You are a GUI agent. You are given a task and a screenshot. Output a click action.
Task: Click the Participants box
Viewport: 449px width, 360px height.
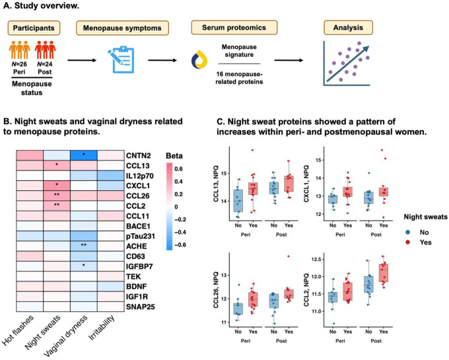click(34, 28)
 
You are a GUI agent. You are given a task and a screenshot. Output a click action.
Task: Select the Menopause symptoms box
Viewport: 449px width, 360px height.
click(122, 28)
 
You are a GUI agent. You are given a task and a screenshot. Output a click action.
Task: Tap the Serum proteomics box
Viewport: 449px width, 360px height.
click(234, 28)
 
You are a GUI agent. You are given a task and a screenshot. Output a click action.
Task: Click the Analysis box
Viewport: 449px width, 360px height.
click(348, 28)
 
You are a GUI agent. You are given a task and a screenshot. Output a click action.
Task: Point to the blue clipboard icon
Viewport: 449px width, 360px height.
click(121, 59)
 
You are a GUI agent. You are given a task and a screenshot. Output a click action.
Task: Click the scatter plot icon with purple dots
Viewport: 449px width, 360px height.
click(347, 63)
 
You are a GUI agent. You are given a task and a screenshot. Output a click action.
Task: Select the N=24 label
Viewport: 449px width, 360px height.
click(44, 64)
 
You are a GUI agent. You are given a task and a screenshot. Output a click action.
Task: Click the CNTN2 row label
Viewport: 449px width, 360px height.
click(138, 156)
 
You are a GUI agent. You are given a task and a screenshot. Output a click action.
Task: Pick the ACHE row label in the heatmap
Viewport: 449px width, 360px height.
click(136, 246)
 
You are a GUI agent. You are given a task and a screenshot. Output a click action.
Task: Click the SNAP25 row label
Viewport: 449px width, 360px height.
click(140, 306)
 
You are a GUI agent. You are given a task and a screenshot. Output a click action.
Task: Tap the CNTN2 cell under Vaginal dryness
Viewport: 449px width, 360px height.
click(84, 155)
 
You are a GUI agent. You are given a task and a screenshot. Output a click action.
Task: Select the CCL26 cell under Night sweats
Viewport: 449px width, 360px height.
click(57, 196)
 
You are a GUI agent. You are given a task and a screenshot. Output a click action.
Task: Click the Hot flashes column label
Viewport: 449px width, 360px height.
click(18, 330)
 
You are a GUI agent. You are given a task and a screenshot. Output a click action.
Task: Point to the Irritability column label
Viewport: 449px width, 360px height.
click(102, 328)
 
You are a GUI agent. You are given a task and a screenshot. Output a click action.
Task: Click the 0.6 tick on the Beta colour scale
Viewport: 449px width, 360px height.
click(178, 169)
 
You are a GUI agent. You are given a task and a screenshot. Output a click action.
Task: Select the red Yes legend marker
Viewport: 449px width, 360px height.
click(408, 242)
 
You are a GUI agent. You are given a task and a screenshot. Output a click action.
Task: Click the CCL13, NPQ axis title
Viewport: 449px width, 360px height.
click(217, 184)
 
